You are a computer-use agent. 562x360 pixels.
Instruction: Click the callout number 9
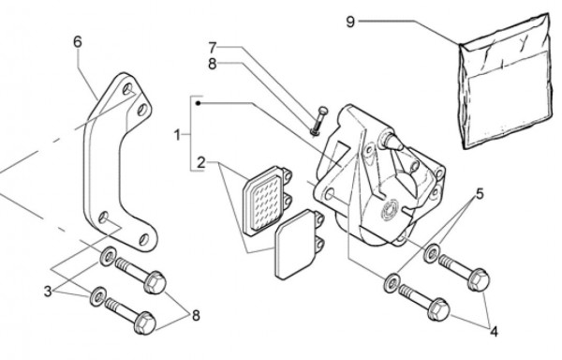coord(350,22)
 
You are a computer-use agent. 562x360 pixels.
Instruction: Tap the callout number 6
coord(78,42)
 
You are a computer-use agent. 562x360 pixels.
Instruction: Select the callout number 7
coord(213,47)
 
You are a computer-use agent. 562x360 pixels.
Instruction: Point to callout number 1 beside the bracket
coord(177,135)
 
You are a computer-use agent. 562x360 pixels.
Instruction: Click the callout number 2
coord(201,163)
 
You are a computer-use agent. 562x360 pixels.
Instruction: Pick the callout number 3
coord(48,292)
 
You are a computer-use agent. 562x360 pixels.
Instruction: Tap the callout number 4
coord(494,332)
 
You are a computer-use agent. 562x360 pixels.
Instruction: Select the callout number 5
coord(480,194)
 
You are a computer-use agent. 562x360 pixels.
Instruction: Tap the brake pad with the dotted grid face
coord(267,200)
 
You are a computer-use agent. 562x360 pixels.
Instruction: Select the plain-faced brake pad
coord(299,244)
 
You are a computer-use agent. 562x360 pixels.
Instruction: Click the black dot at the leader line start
coord(199,103)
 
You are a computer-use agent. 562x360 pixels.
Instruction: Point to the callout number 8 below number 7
coord(213,64)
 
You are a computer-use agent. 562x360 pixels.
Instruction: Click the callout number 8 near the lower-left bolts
coord(196,316)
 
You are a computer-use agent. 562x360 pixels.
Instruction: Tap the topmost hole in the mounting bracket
coord(127,88)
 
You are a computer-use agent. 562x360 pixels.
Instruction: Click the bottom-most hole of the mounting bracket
coord(143,239)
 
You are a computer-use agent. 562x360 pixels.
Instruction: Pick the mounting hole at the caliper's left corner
coord(328,195)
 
